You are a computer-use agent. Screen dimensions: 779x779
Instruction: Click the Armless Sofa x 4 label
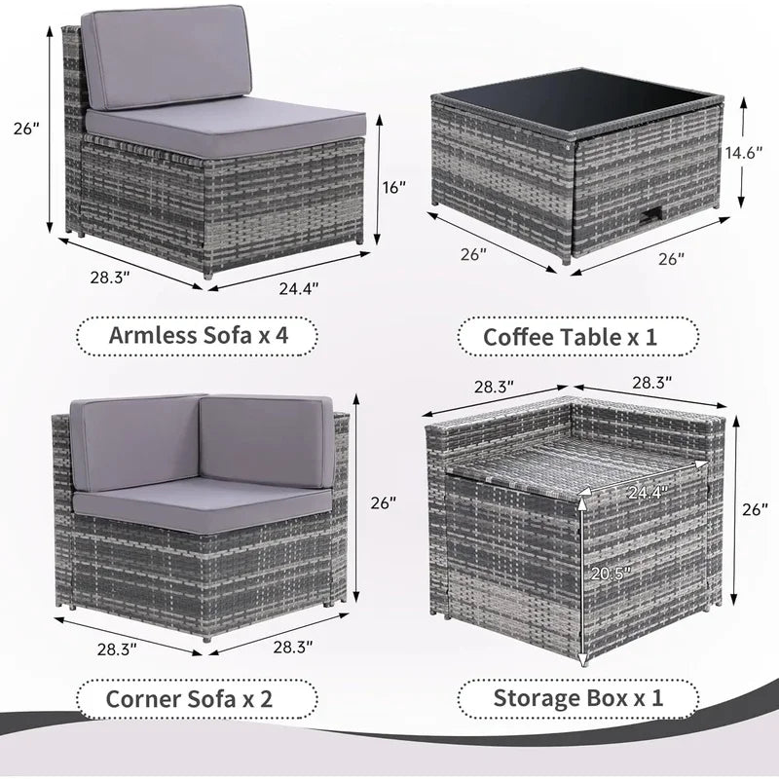pos(198,337)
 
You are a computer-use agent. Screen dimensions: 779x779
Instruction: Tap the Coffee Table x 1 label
pos(579,338)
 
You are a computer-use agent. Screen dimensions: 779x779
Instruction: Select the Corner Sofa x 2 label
pos(198,699)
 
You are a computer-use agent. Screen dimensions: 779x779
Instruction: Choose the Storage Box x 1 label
pos(579,699)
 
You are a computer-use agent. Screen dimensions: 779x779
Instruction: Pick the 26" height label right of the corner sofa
pos(384,503)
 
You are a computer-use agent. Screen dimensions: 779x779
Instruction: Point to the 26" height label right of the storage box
pos(754,509)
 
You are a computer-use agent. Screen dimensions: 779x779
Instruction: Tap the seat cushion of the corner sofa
pos(200,501)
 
